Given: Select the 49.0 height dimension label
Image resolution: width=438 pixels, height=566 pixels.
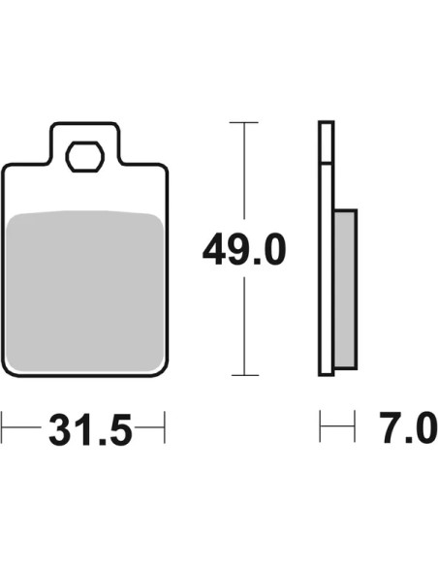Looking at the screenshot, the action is [244, 249].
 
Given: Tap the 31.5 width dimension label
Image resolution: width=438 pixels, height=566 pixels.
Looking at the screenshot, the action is [90, 429].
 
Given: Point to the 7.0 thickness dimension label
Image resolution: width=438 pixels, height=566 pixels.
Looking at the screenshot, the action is [408, 427].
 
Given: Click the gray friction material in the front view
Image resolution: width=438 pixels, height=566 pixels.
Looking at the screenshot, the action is [85, 291].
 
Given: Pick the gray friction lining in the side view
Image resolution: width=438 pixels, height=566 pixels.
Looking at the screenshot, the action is [345, 289].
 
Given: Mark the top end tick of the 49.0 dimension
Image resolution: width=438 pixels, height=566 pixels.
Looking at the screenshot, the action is [244, 123].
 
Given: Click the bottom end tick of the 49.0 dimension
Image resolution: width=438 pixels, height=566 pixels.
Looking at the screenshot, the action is [245, 375].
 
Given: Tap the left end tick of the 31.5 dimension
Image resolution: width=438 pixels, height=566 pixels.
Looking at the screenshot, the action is [1, 427].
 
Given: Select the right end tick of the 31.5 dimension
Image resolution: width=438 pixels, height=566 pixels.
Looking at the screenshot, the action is [165, 427].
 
